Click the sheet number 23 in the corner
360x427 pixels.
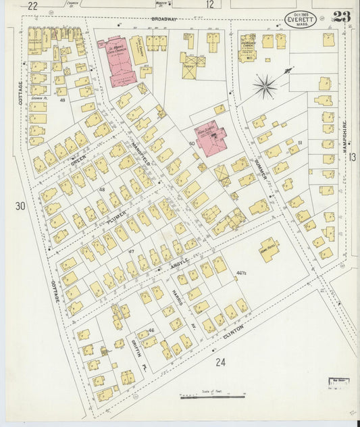[341, 17]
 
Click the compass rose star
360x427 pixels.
[265, 86]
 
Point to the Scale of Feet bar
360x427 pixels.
[212, 397]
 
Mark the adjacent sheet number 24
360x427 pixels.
[220, 363]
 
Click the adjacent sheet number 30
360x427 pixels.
[20, 205]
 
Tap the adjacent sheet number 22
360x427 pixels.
[32, 5]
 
